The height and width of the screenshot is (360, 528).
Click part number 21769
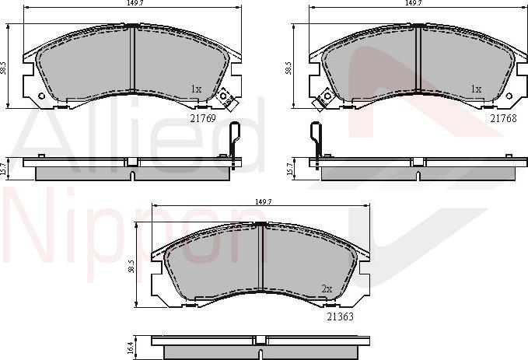(203, 118)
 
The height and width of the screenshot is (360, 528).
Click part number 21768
(503, 118)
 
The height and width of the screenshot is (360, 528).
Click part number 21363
(341, 316)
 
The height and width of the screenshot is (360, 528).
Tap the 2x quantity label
(327, 289)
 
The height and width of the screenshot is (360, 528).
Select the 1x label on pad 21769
(196, 89)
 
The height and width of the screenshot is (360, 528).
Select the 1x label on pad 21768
(476, 89)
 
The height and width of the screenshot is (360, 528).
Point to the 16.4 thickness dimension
(131, 346)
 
